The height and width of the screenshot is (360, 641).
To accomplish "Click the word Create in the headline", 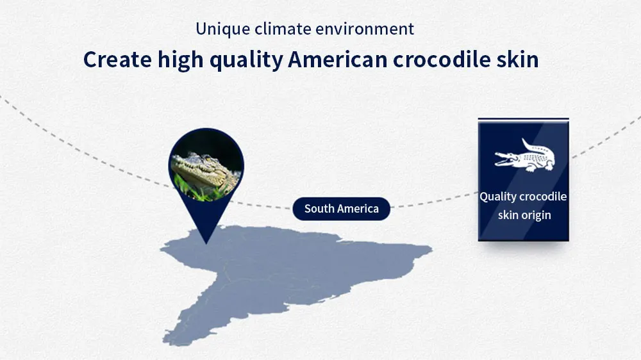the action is coord(118,60).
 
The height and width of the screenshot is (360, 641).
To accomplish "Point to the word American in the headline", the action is coord(338,60).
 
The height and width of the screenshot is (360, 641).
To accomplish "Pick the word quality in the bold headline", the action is coord(246,60).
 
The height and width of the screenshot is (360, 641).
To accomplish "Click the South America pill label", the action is coord(342,209).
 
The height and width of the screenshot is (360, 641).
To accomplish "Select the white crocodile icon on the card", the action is coord(524,156).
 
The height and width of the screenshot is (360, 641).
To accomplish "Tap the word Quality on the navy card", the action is coord(498,197).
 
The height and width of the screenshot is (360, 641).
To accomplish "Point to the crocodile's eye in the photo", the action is coord(207,158).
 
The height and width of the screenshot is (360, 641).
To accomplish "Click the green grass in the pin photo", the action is coord(192,190).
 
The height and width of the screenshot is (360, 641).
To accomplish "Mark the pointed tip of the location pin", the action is coord(206,243).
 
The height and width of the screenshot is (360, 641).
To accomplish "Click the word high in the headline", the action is coord(180,60).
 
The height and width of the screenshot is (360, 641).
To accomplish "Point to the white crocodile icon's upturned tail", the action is coord(528,144).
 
